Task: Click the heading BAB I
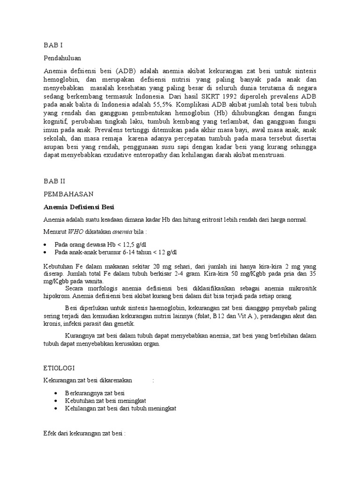tap(52, 45)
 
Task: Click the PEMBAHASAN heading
tap(68, 194)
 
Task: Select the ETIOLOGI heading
tap(58, 368)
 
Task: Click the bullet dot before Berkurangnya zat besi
tap(56, 392)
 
